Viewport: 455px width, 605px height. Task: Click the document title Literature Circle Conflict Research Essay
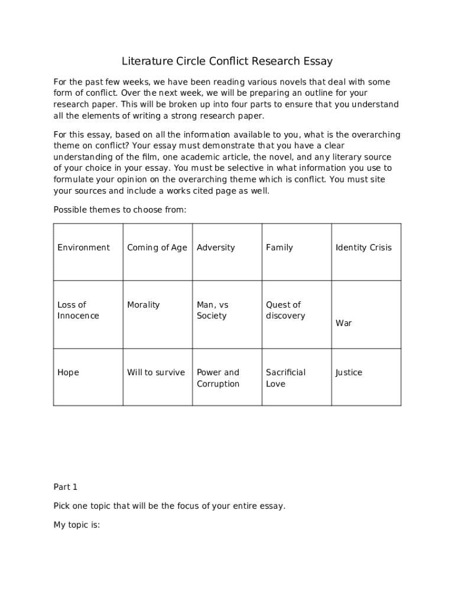coord(227,61)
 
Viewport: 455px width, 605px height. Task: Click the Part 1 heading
coord(66,487)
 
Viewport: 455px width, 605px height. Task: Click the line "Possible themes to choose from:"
coord(120,210)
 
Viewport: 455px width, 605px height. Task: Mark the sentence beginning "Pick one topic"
coord(170,506)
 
